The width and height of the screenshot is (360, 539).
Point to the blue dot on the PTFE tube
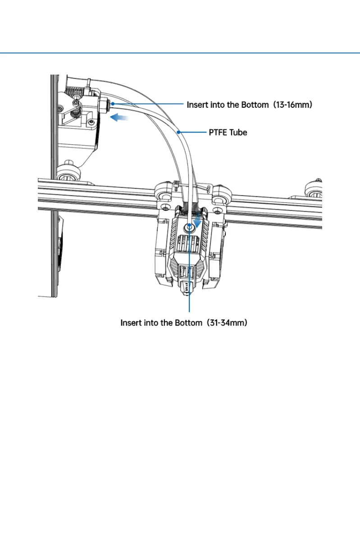click(x=179, y=132)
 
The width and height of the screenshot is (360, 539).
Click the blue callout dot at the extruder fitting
click(x=113, y=104)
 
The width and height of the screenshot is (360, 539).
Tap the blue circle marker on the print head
click(x=190, y=228)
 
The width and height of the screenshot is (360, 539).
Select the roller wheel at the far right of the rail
click(x=313, y=187)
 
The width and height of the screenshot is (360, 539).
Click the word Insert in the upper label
click(x=196, y=105)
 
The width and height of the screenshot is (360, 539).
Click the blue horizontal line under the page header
click(x=180, y=53)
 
